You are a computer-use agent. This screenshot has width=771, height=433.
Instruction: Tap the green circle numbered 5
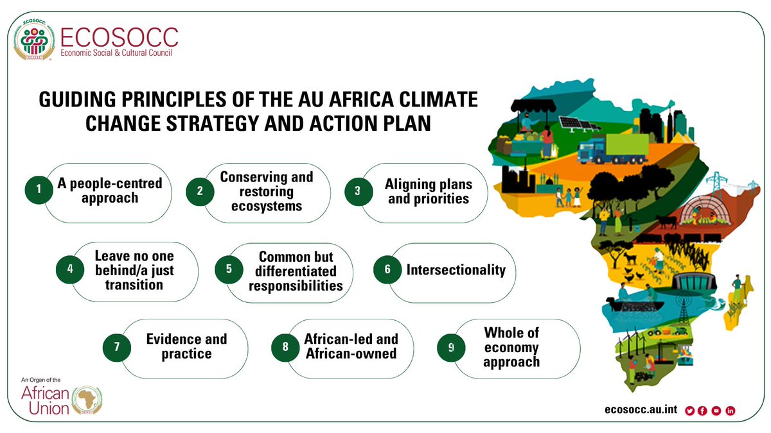[x=228, y=270]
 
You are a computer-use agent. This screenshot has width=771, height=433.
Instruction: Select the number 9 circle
[x=451, y=347]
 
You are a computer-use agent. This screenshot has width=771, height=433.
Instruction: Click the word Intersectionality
[x=456, y=270]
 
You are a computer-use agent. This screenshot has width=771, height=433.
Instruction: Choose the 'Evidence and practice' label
[x=186, y=346]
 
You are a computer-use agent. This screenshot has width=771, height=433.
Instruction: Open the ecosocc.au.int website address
[x=641, y=411]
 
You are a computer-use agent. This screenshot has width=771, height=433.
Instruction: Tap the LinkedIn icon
[x=730, y=411]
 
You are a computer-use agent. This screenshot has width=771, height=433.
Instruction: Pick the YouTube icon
[x=716, y=411]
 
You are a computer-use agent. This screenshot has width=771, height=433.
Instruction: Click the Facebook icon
[x=703, y=411]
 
